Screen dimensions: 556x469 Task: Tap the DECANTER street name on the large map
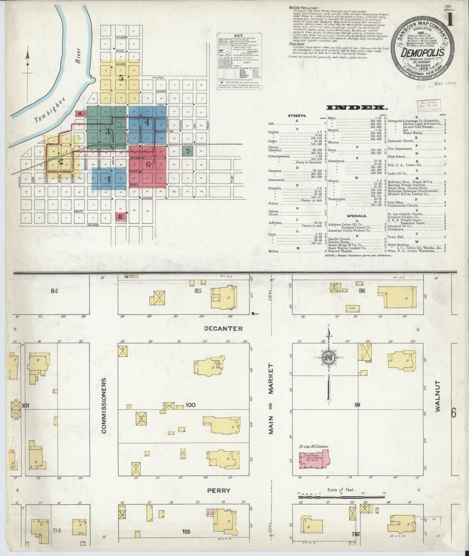(223, 329)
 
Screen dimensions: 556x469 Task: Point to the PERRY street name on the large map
(218, 491)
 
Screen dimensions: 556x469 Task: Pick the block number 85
(198, 291)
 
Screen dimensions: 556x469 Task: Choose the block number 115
(186, 531)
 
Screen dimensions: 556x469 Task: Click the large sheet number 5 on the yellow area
(121, 78)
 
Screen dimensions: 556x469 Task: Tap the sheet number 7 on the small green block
(188, 151)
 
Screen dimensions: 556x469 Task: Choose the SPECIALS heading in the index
(357, 216)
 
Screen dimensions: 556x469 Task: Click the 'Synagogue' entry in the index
(396, 229)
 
